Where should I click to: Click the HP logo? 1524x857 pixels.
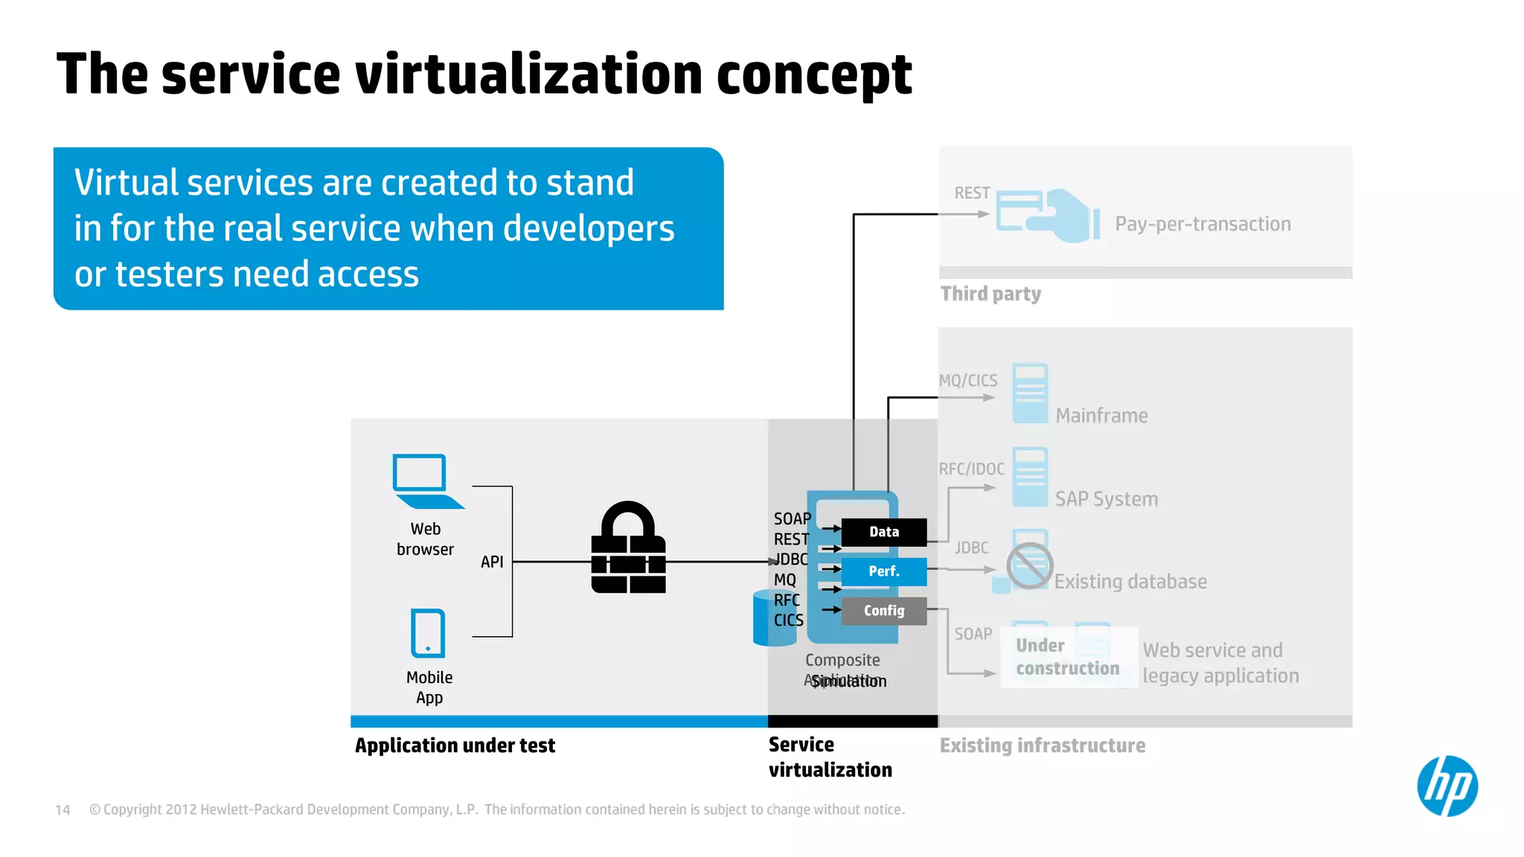pos(1447,786)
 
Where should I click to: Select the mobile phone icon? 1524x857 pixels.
pos(428,633)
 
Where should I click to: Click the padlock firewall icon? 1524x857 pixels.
pos(628,548)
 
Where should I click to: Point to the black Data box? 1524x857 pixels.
pos(883,532)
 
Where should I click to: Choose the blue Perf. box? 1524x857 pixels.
pos(883,571)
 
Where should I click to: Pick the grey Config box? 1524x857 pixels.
pos(883,611)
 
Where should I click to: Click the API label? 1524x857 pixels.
pos(492,562)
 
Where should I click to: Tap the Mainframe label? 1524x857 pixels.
pos(1101,416)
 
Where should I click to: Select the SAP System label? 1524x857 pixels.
pos(1106,499)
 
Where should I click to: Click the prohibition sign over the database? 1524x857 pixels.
pos(1029,565)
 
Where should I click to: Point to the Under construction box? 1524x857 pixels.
pos(1068,657)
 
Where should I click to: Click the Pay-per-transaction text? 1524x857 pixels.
pos(1203,224)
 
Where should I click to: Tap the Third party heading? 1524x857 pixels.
pos(990,294)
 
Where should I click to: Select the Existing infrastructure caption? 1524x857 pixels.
pos(1042,745)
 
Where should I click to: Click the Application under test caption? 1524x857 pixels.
pos(455,745)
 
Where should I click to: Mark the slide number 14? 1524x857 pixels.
pos(63,809)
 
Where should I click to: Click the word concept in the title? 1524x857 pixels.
pos(813,75)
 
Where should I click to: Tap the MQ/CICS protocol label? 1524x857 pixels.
pos(967,381)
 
